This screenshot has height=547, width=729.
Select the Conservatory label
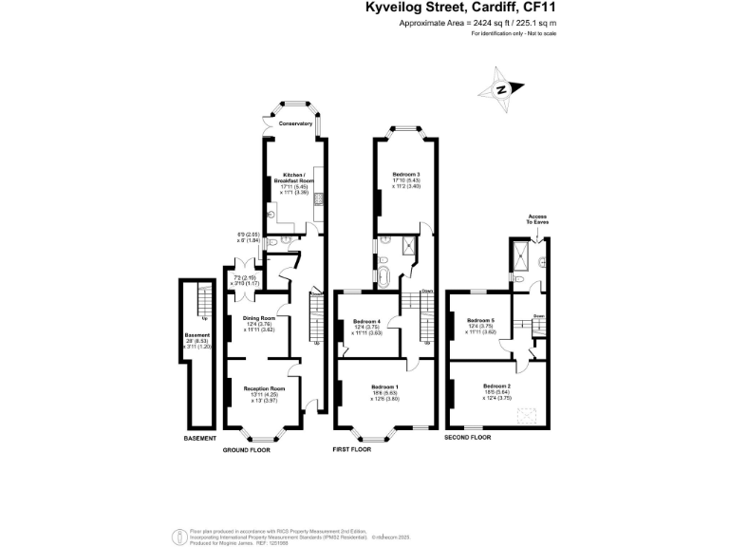pyautogui.click(x=295, y=123)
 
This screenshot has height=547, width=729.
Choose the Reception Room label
pyautogui.click(x=264, y=388)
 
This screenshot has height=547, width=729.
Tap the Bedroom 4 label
pyautogui.click(x=367, y=321)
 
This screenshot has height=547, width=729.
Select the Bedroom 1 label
pyautogui.click(x=384, y=387)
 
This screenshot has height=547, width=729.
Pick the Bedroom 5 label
pyautogui.click(x=480, y=320)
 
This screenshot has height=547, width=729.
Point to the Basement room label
pyautogui.click(x=197, y=334)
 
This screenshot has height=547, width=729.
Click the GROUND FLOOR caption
pyautogui.click(x=247, y=449)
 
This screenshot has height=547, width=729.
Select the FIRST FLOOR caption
pyautogui.click(x=351, y=449)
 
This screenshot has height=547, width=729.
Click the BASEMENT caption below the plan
pyautogui.click(x=200, y=439)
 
